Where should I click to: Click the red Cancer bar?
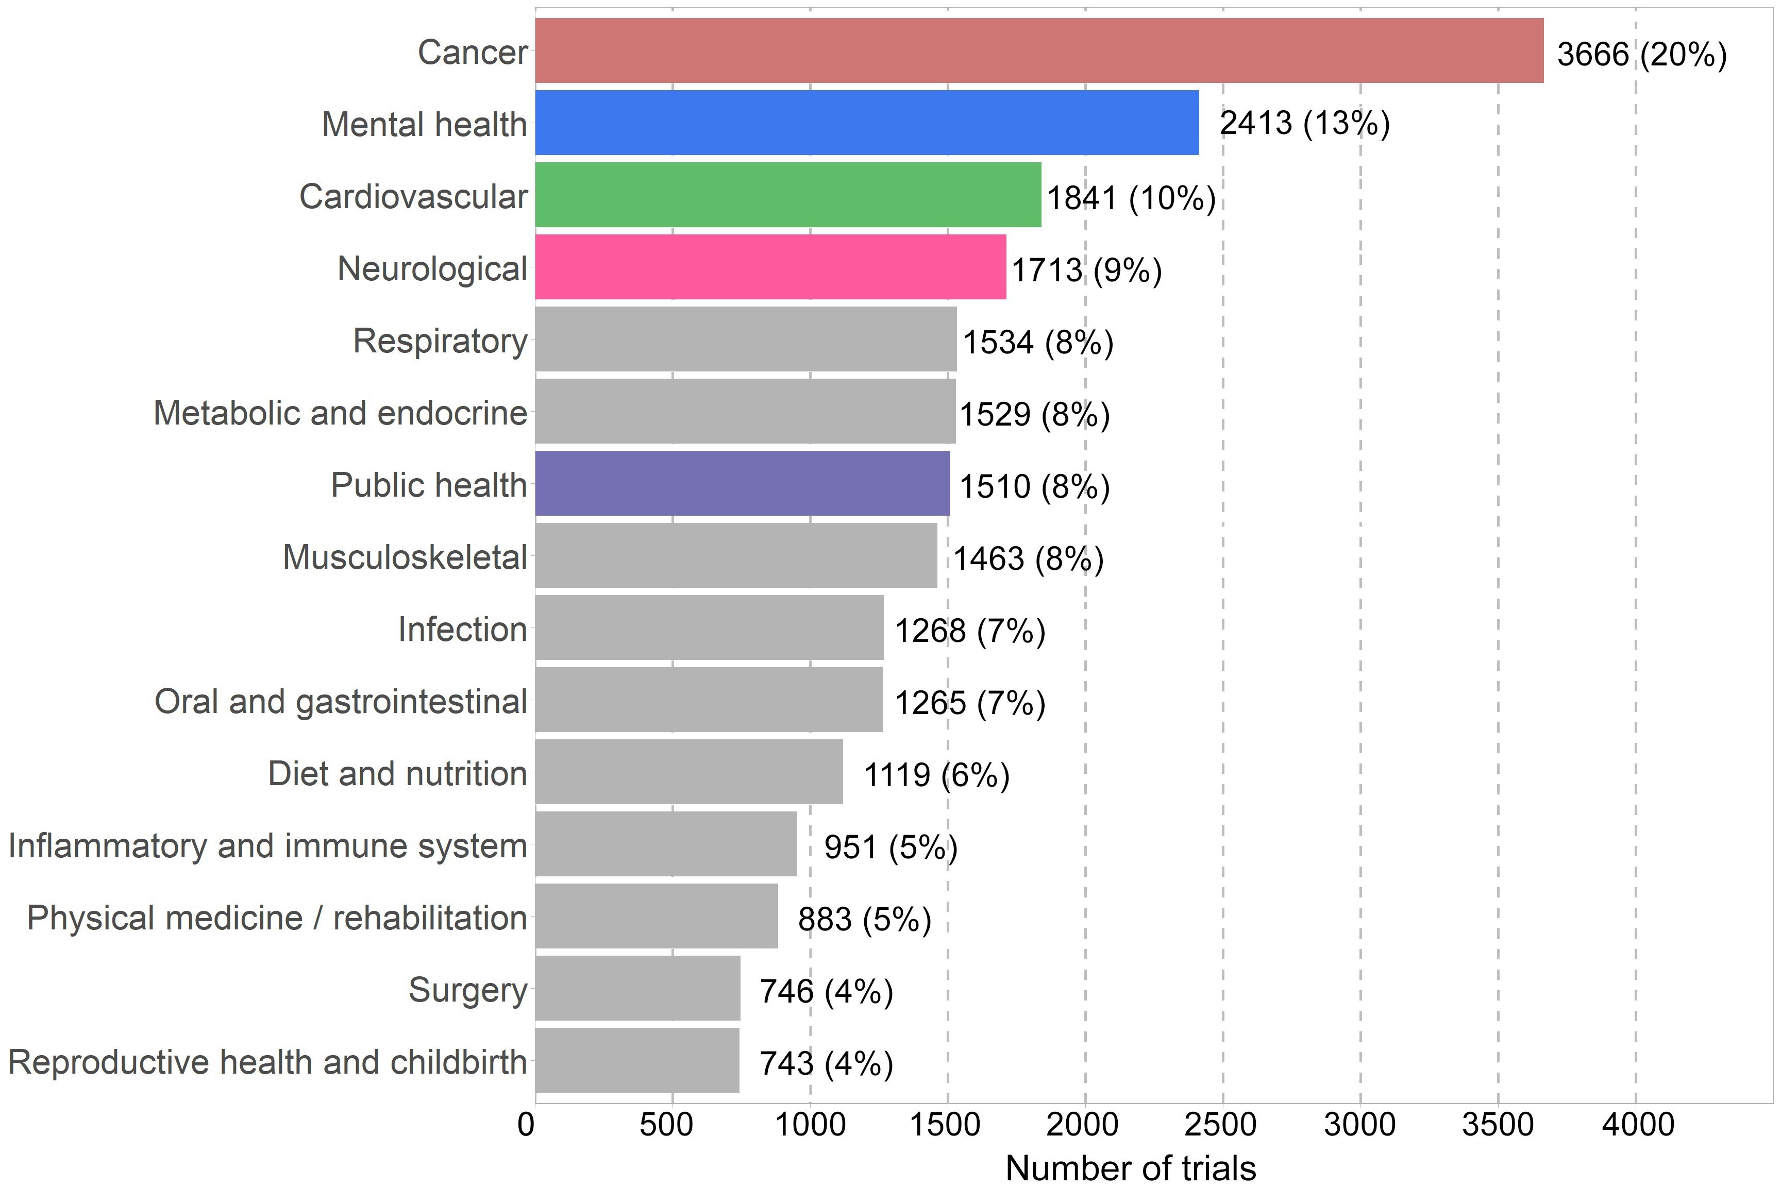pos(1039,50)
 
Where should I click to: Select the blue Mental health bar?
pos(867,123)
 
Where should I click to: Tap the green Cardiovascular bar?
pos(788,195)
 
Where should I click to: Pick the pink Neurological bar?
pos(771,266)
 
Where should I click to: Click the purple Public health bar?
pos(743,483)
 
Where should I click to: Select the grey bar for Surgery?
pos(637,988)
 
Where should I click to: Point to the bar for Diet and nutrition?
pos(689,771)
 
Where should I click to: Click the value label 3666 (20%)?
pos(1642,55)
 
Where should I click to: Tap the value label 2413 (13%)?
pos(1305,123)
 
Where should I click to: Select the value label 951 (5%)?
pos(890,847)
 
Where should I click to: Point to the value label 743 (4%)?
pos(826,1063)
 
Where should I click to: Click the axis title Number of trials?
pos(1131,1168)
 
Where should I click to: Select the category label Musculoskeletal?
pos(405,557)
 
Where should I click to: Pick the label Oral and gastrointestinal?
pos(341,702)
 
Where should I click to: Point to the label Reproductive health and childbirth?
pos(267,1062)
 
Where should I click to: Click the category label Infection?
pos(463,629)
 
